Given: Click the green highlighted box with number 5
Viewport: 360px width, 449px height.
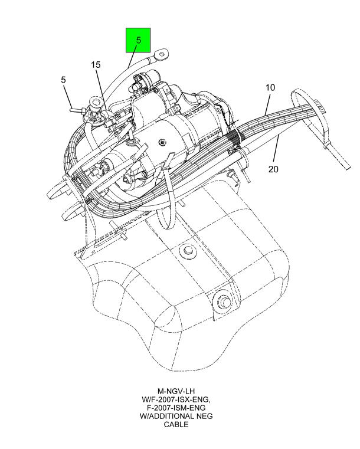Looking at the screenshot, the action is point(138,40).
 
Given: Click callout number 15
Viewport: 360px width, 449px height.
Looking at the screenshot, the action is point(96,65).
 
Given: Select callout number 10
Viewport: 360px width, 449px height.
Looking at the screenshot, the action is point(270,88).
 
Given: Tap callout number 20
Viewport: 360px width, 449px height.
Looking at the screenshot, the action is point(273,169).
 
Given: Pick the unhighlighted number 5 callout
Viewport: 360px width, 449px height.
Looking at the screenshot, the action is point(63,80).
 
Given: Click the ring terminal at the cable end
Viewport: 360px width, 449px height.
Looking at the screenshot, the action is point(162,54).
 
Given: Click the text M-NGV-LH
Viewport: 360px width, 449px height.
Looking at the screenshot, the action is point(176,391).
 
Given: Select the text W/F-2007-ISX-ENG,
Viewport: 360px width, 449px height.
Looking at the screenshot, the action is point(176,399).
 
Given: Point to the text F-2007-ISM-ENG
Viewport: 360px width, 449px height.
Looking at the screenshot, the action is point(176,408).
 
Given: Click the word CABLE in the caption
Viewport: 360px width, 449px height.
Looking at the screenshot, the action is point(176,424).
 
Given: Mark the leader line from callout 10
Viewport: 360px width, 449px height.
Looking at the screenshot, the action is point(267,104).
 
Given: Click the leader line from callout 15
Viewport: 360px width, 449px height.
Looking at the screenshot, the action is point(102,89).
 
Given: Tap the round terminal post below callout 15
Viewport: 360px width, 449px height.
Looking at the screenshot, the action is point(95,102).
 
